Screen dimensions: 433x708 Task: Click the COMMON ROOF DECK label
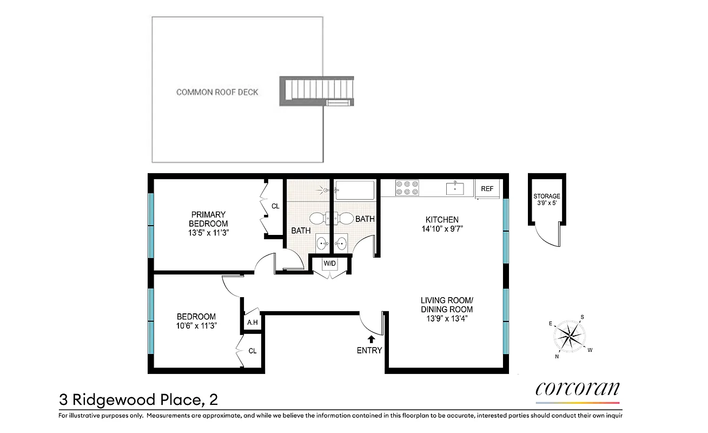[217, 92]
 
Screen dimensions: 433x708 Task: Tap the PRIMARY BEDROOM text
[208, 219]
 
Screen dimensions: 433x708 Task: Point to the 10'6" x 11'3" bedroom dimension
[197, 326]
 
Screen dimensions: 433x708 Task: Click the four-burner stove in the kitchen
[407, 187]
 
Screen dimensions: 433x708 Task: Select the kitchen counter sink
[455, 188]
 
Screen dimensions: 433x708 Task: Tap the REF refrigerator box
[487, 189]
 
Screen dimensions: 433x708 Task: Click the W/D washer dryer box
[329, 264]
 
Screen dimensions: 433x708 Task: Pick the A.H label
[252, 323]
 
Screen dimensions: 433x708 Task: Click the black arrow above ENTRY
[371, 339]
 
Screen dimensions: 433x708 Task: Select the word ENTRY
[369, 350]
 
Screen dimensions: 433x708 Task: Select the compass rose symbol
[571, 336]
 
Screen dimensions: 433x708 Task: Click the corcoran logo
[577, 389]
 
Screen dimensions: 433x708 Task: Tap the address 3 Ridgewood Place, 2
[138, 400]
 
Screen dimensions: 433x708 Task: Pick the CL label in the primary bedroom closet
[275, 206]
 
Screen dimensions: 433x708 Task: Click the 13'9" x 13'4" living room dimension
[447, 318]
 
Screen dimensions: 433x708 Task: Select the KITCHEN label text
[442, 220]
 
